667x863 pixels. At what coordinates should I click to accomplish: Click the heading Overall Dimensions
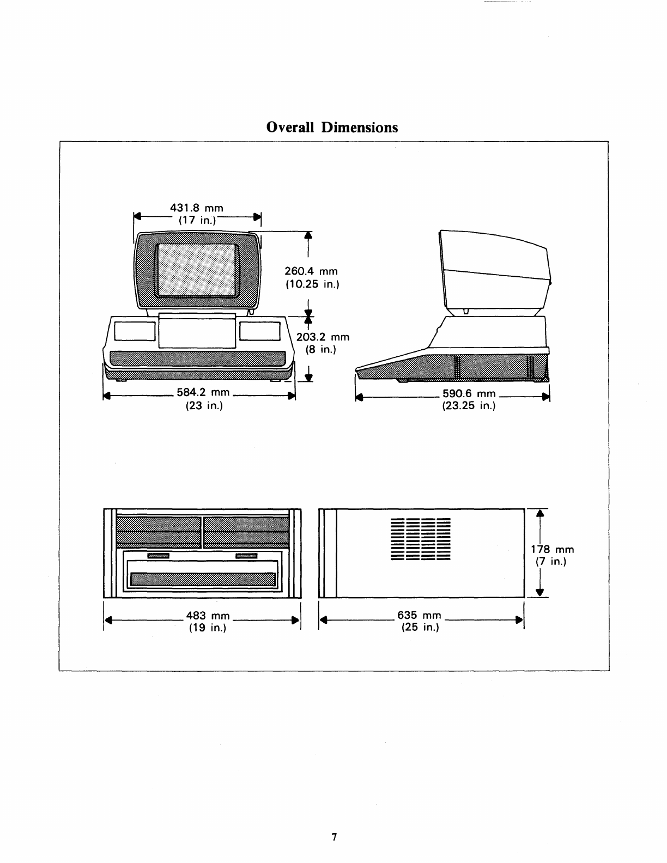(332, 127)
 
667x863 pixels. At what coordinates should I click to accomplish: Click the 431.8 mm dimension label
(197, 208)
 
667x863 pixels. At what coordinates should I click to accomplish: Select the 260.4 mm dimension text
(311, 271)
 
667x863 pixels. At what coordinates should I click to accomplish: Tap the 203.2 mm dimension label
(323, 337)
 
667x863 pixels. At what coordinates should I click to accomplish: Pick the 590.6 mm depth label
(469, 393)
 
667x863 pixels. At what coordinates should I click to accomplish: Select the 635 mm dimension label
(419, 616)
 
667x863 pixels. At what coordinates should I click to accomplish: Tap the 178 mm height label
(552, 549)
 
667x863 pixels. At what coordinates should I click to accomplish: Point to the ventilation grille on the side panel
(420, 539)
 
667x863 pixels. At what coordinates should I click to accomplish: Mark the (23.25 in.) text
(469, 405)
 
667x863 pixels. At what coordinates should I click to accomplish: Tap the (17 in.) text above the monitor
(197, 220)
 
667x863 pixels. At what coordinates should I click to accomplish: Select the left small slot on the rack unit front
(159, 556)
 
